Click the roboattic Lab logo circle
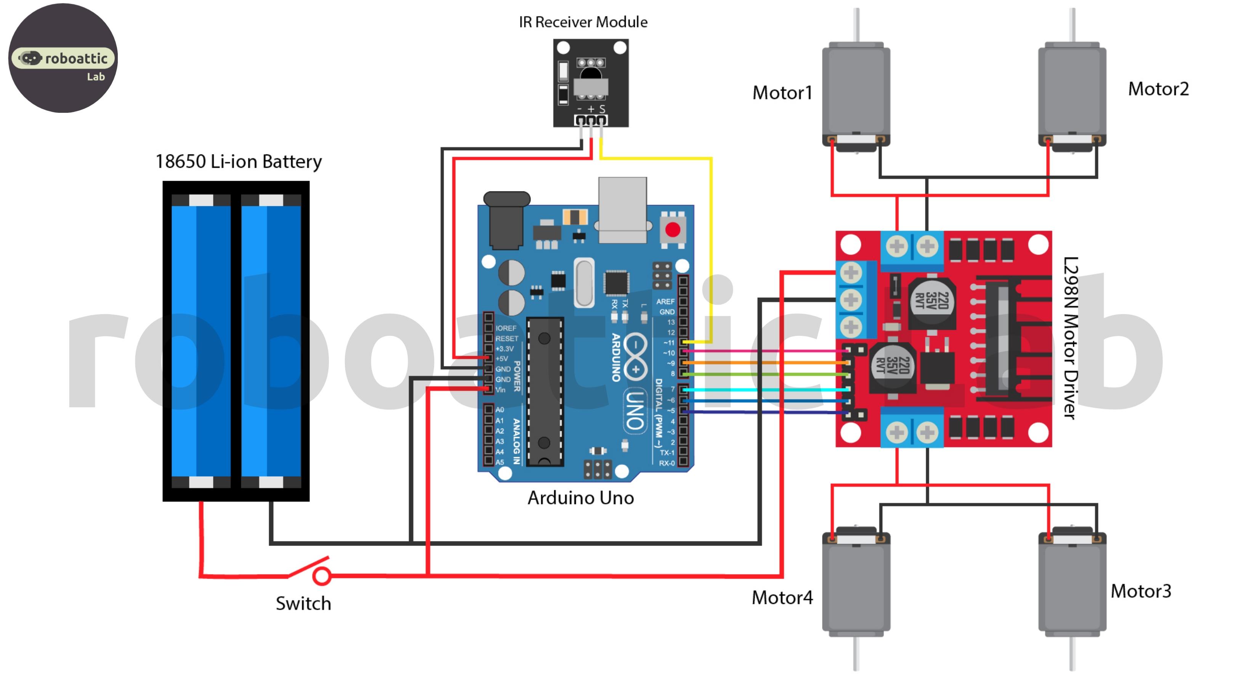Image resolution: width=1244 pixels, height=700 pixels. [63, 58]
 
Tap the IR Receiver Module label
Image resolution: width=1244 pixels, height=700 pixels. [583, 22]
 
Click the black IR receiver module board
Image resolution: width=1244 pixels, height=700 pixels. [591, 83]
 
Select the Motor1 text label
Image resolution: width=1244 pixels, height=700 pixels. [782, 93]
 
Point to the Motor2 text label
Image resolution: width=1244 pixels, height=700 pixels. [1158, 89]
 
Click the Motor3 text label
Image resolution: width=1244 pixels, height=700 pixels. [1141, 591]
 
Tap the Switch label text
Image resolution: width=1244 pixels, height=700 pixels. [303, 604]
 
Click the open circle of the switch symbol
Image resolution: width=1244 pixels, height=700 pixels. [322, 576]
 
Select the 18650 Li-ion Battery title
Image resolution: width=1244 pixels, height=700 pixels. [238, 162]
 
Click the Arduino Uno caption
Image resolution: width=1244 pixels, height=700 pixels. [580, 498]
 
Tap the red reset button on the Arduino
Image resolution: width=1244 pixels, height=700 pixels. [672, 230]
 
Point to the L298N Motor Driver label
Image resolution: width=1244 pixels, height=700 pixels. [1071, 338]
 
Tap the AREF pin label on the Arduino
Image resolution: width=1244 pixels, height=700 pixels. [665, 302]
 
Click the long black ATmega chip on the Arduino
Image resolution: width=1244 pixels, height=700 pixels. [545, 391]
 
